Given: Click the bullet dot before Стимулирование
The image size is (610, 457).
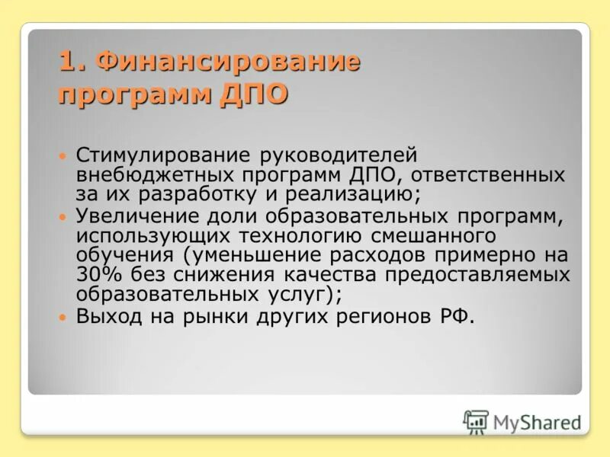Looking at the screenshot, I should click(64, 155).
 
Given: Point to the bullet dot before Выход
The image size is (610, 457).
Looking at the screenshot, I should click(64, 315).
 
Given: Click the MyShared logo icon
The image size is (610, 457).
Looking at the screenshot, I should click(476, 421).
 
